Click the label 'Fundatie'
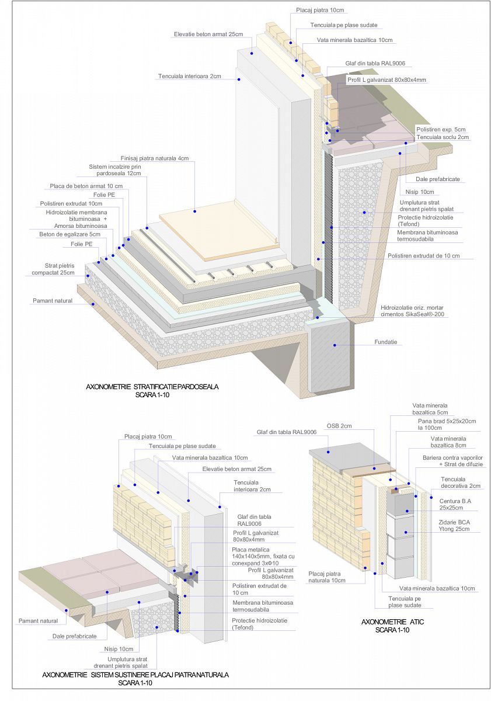click(385, 342)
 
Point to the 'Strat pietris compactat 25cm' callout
click(59, 269)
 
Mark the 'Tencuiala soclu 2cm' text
click(442, 137)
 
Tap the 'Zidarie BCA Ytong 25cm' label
click(455, 525)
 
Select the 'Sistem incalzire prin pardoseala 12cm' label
click(115, 170)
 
